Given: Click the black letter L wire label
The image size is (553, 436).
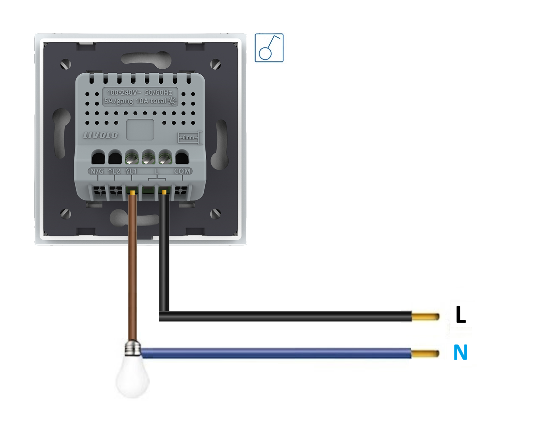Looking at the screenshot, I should click(x=460, y=315).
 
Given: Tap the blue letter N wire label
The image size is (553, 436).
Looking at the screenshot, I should click(x=460, y=352).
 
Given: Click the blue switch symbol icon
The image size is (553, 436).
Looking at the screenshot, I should click(x=269, y=48).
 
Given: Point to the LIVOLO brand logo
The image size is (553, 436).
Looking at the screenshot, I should click(x=100, y=135).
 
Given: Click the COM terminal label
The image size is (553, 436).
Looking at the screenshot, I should click(x=182, y=171).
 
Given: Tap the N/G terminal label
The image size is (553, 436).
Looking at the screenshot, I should click(x=97, y=171).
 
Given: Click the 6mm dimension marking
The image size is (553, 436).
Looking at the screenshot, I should click(x=188, y=137).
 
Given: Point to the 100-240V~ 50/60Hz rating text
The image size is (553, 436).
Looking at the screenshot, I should click(x=139, y=92).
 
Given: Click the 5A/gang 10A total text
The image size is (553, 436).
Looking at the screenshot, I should click(x=135, y=101).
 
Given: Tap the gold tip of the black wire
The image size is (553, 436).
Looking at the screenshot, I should click(x=425, y=317).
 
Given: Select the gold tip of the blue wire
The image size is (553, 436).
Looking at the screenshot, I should click(x=425, y=354).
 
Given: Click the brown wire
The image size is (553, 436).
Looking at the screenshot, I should click(x=133, y=267).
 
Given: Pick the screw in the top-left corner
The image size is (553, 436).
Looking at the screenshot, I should click(x=65, y=64).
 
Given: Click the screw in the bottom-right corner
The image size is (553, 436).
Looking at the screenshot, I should click(x=216, y=213).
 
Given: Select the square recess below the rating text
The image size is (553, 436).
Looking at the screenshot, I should click(x=140, y=130).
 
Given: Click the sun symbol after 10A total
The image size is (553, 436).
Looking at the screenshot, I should click(x=172, y=101).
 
